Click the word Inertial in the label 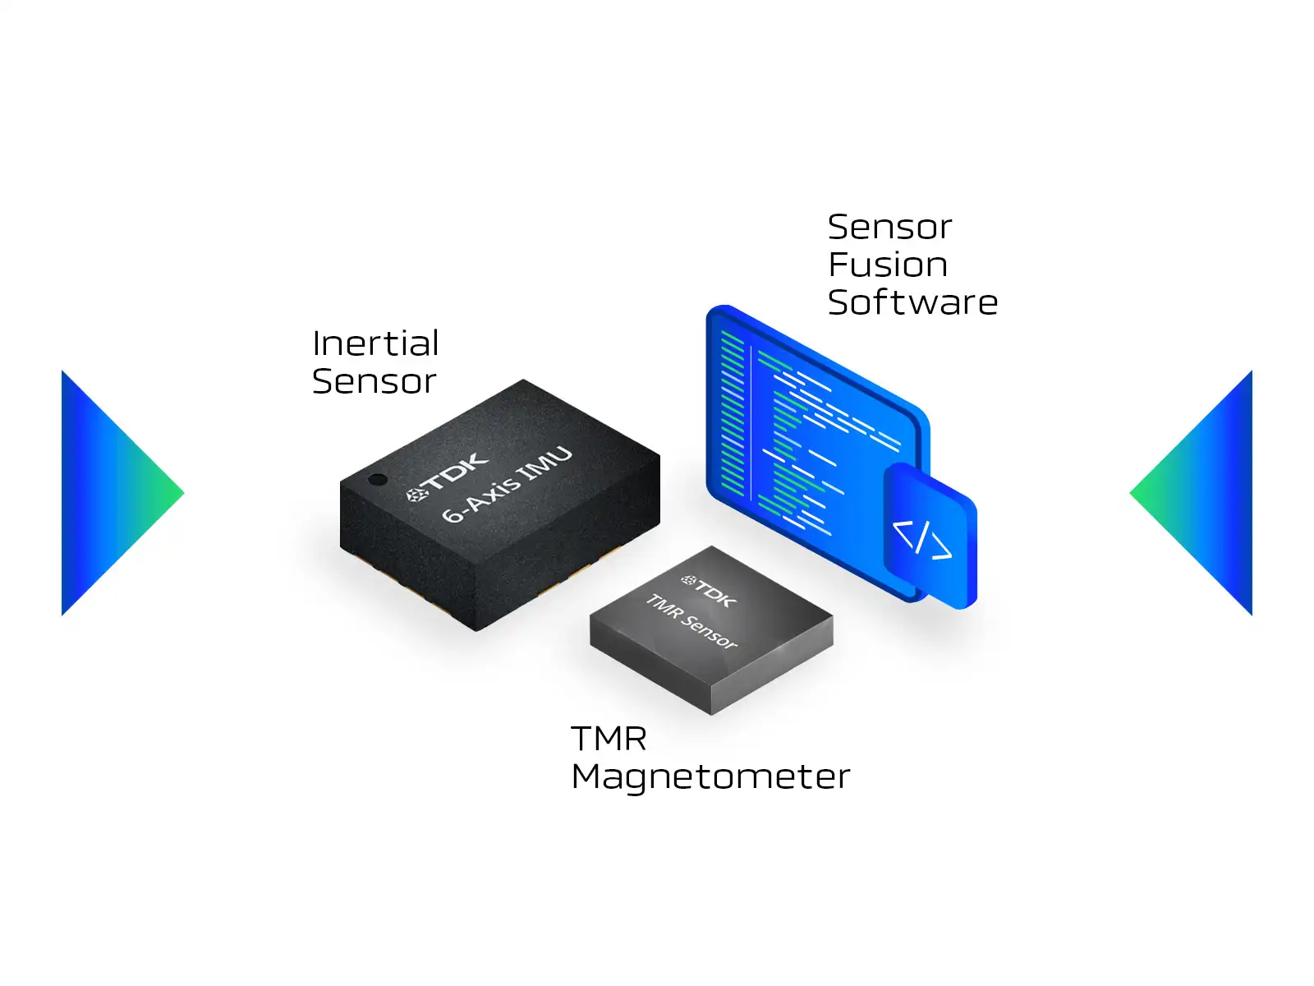[x=375, y=343]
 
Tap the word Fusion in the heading [x=888, y=265]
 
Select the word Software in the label [x=912, y=302]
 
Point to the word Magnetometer [x=710, y=776]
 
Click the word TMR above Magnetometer [x=609, y=738]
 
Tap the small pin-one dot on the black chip [x=378, y=479]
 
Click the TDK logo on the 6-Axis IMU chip [x=447, y=478]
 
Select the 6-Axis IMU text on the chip [x=507, y=484]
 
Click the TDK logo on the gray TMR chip [x=709, y=591]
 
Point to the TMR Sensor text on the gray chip [x=691, y=621]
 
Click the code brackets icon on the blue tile [x=921, y=540]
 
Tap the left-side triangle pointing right [x=113, y=493]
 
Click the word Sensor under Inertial [x=374, y=381]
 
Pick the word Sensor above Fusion [x=889, y=227]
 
